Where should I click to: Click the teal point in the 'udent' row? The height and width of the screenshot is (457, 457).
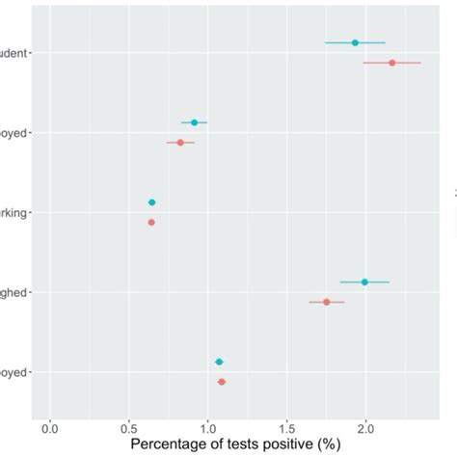[x=355, y=42]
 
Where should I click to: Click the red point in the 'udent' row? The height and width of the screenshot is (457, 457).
[x=391, y=63]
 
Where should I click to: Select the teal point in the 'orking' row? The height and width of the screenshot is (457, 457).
[x=151, y=202]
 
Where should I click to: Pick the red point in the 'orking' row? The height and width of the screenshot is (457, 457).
[x=151, y=222]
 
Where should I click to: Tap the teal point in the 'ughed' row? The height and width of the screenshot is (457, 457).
[x=364, y=282]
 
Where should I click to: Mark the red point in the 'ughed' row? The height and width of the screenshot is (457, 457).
[x=327, y=302]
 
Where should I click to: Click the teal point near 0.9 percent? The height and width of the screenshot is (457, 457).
[x=194, y=122]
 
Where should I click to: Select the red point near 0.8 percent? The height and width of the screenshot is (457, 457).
[x=180, y=143]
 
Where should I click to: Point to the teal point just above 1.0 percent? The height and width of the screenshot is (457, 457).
[x=219, y=362]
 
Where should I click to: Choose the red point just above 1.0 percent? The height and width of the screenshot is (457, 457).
[x=222, y=382]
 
